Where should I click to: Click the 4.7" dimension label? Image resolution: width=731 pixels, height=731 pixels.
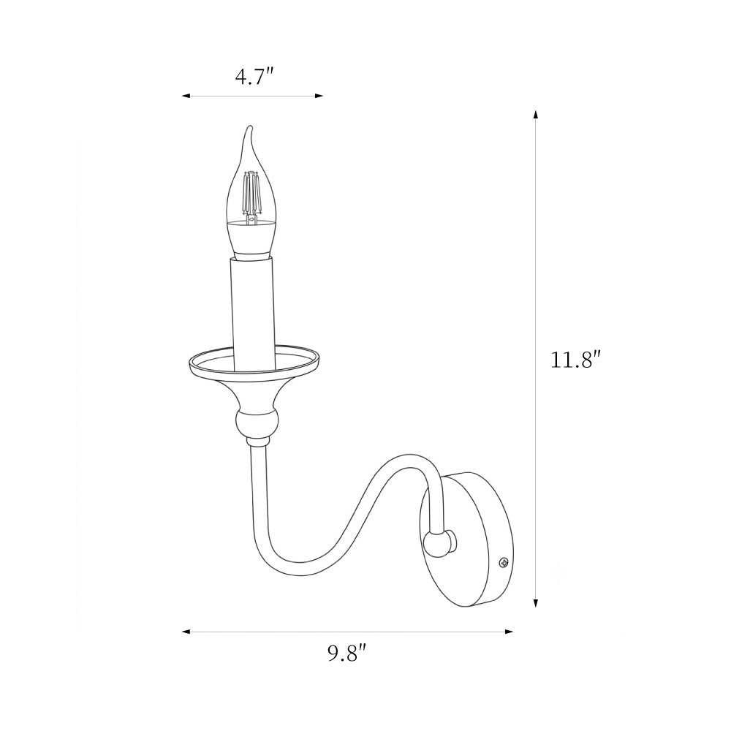(254, 77)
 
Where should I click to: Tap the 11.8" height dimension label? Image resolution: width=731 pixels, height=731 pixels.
(573, 360)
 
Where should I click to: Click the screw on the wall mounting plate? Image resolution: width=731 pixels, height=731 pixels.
(504, 563)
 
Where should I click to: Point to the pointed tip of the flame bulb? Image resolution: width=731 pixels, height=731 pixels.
(251, 126)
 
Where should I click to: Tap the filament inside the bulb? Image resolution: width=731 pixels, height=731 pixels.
(251, 196)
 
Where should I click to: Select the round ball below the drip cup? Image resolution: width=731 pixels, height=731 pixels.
(257, 423)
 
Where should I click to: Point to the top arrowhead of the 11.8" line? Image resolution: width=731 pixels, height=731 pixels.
(536, 115)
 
